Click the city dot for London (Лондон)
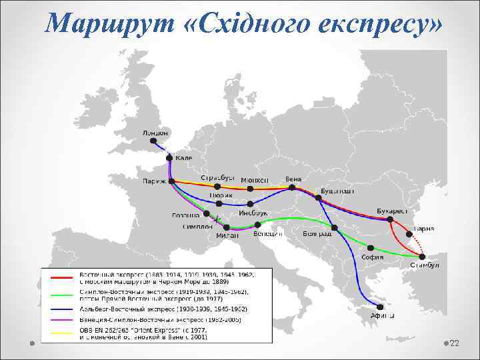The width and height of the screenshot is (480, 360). pyautogui.click(x=154, y=141)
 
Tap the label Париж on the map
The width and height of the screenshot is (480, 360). pyautogui.click(x=155, y=181)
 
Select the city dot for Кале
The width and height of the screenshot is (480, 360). pyautogui.click(x=170, y=158)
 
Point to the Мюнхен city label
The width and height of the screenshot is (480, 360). pyautogui.click(x=254, y=180)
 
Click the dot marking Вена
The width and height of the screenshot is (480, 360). pyautogui.click(x=294, y=188)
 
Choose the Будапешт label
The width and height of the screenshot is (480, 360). pyautogui.click(x=335, y=191)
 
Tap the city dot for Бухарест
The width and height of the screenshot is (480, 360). pyautogui.click(x=390, y=219)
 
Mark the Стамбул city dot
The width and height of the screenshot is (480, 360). pyautogui.click(x=421, y=256)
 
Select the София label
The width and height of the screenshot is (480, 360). pyautogui.click(x=372, y=257)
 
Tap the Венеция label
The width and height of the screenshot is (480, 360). pyautogui.click(x=267, y=234)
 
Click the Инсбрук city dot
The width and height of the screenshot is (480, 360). pyautogui.click(x=250, y=204)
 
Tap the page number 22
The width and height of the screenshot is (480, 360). pyautogui.click(x=455, y=342)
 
